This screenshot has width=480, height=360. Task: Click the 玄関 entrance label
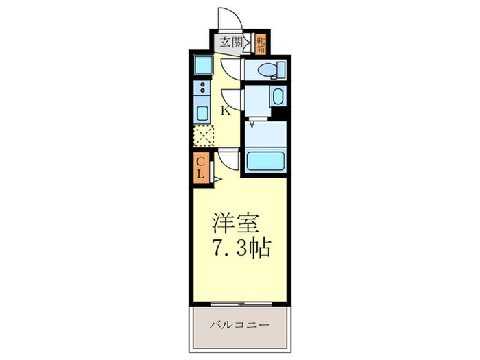[x=229, y=42]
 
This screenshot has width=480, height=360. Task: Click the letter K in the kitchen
[x=224, y=110]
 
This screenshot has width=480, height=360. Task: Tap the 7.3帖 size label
[x=239, y=248]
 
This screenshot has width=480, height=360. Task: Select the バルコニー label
[x=239, y=324]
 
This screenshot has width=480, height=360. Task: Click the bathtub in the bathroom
[x=264, y=162]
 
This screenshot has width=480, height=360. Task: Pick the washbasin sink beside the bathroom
[x=277, y=95]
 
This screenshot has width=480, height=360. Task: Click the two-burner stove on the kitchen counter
[x=204, y=88]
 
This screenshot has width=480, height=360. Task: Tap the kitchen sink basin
[x=204, y=112]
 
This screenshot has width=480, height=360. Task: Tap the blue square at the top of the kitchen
[x=204, y=65]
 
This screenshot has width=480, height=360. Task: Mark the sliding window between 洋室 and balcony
[x=239, y=302]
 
